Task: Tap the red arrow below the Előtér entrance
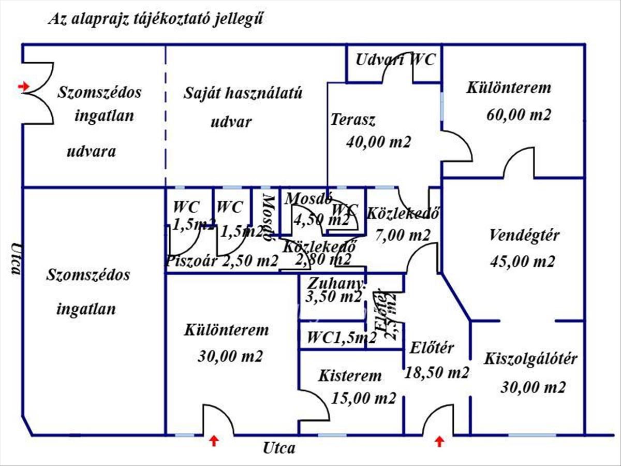pyautogui.click(x=439, y=441)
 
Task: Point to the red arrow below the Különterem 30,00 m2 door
pyautogui.click(x=214, y=441)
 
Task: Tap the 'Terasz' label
pyautogui.click(x=353, y=120)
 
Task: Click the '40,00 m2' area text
pyautogui.click(x=378, y=141)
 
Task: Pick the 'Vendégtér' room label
pyautogui.click(x=524, y=236)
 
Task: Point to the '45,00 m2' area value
pyautogui.click(x=522, y=261)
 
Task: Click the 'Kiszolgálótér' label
pyautogui.click(x=530, y=359)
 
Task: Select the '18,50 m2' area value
pyautogui.click(x=437, y=372)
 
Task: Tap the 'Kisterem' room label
pyautogui.click(x=350, y=375)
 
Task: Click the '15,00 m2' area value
pyautogui.click(x=364, y=398)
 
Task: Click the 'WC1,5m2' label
pyautogui.click(x=342, y=338)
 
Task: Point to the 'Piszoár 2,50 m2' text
pyautogui.click(x=222, y=261)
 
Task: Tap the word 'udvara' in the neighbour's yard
pyautogui.click(x=92, y=152)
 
